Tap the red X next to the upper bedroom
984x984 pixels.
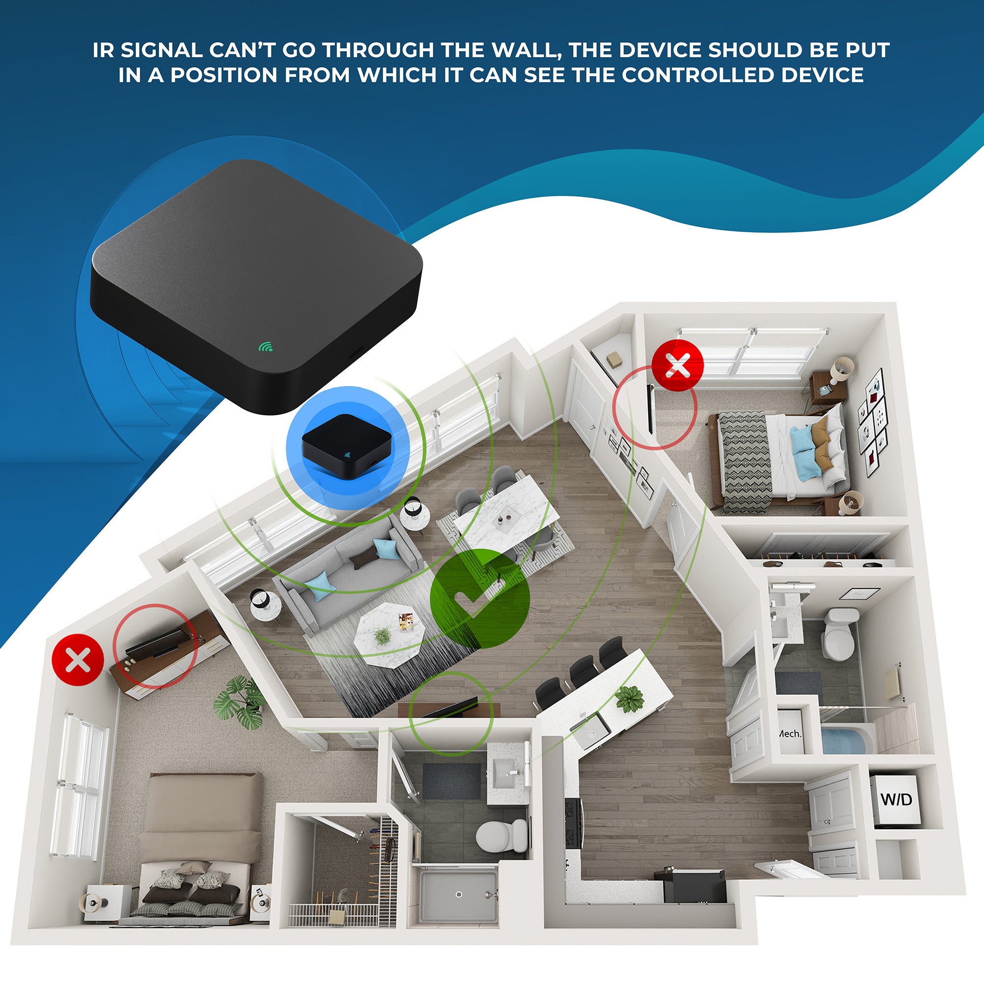tap(678, 365)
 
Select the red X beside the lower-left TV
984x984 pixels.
tap(78, 660)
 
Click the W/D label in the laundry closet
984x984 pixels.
tap(896, 799)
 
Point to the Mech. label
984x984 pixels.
tap(790, 734)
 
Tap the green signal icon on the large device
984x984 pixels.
tap(265, 347)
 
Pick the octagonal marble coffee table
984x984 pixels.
tap(390, 634)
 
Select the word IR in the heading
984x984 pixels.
tap(103, 50)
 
